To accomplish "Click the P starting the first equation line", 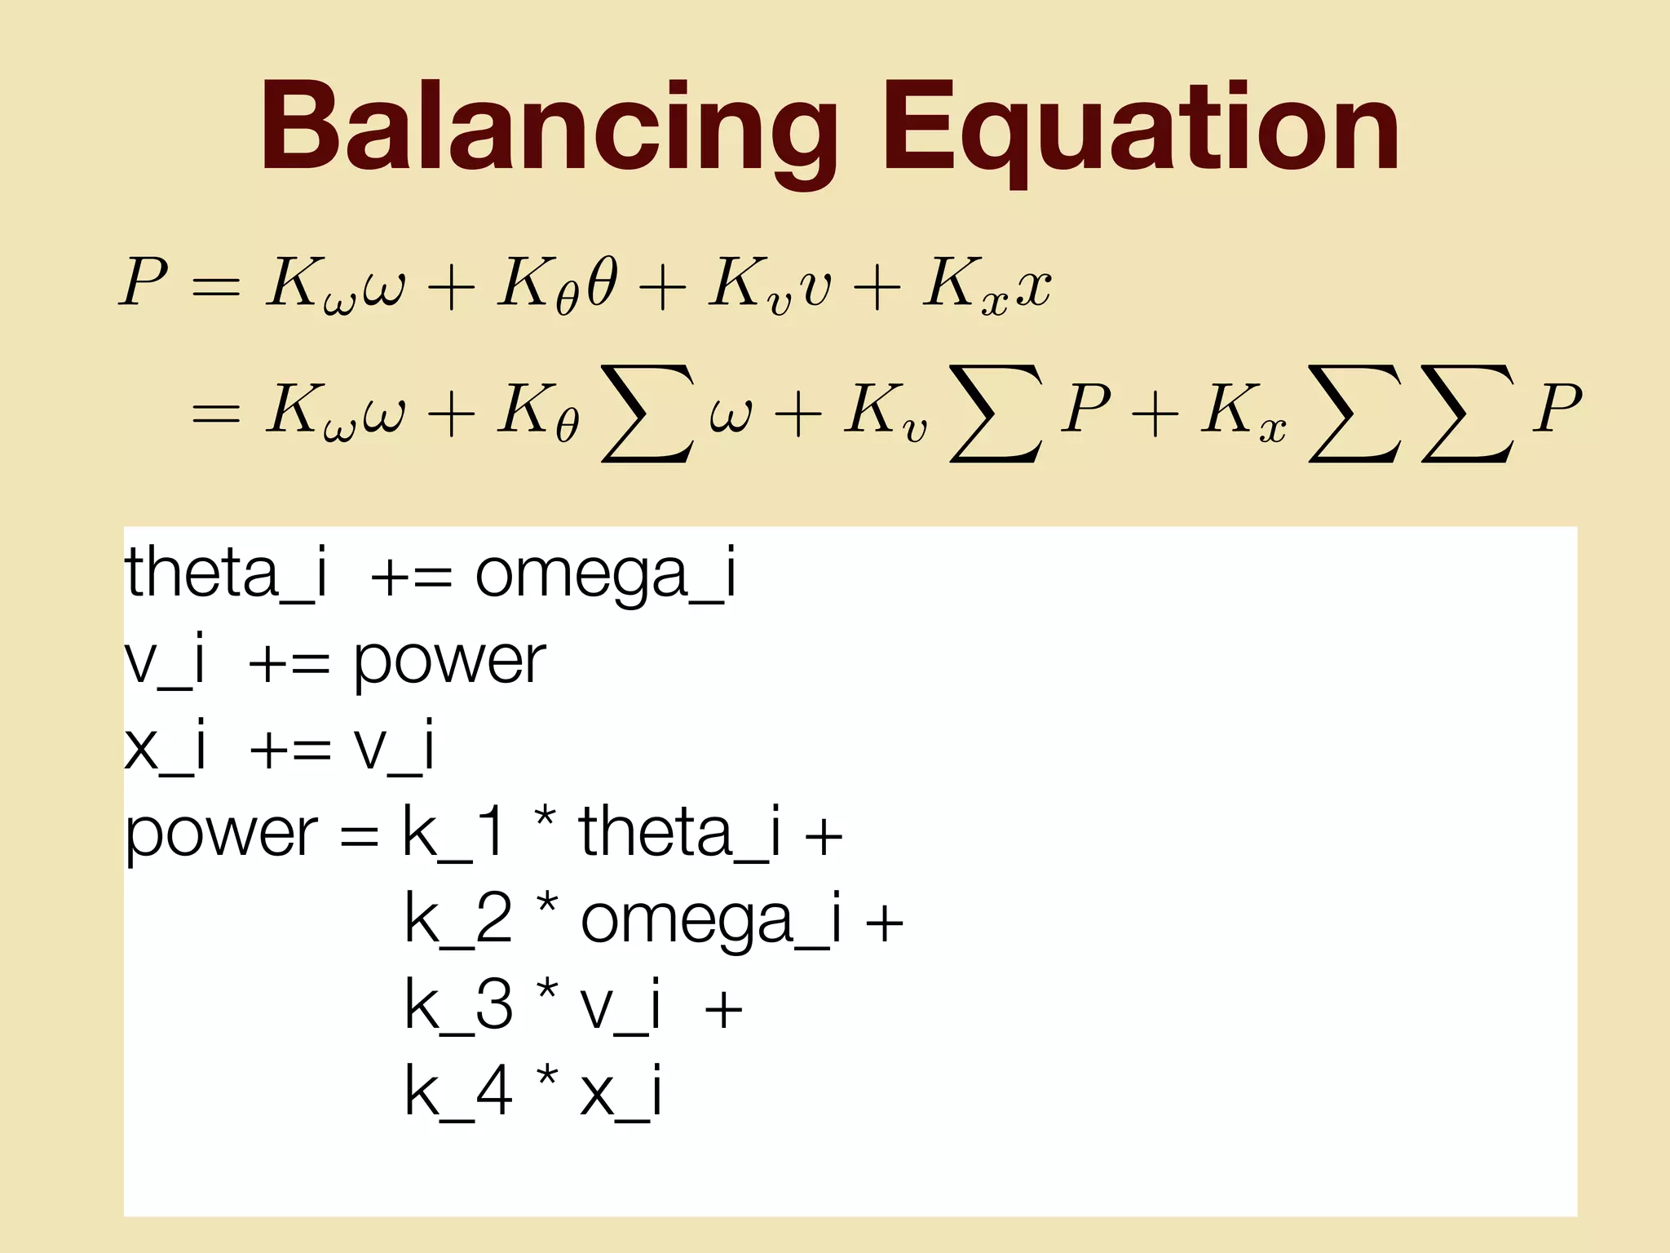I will (144, 282).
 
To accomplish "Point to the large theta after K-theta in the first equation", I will (601, 282).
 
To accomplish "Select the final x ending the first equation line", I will (1033, 287).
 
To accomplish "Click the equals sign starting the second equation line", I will (215, 413).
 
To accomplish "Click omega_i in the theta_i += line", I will (605, 576).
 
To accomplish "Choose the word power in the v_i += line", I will (448, 662).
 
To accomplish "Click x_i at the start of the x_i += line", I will (165, 747).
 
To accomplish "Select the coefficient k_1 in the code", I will (453, 834).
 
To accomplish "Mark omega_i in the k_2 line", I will (710, 922).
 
